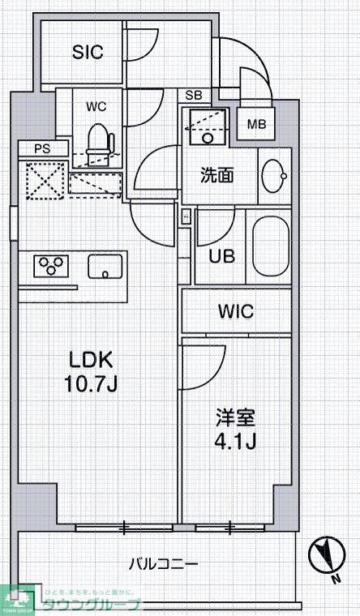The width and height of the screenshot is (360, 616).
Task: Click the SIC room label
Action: point(88,53)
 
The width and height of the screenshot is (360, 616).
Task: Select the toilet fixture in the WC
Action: point(98,139)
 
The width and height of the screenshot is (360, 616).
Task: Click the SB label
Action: point(194,96)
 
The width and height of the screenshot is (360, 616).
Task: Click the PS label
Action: point(41,148)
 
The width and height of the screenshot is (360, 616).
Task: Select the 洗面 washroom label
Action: point(218,174)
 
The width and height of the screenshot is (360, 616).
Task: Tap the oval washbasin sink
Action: point(273,174)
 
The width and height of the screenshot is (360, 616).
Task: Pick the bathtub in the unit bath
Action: point(270,248)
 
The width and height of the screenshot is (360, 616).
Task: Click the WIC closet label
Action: point(236,311)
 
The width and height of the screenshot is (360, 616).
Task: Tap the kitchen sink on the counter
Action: point(105,266)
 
